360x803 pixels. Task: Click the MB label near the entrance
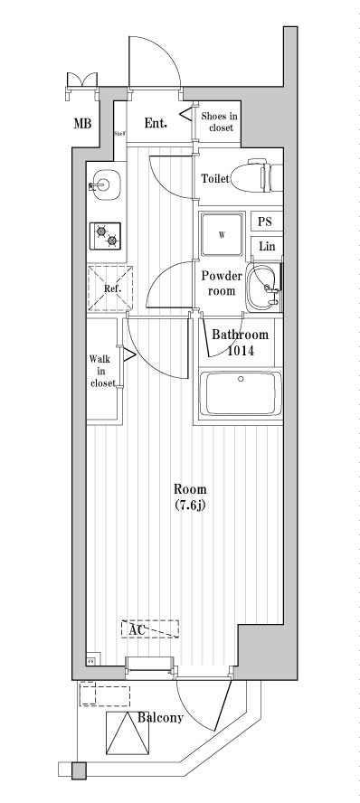pos(81,124)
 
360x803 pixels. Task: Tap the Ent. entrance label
pos(156,122)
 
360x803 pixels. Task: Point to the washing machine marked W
pos(221,236)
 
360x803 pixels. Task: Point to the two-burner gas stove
pos(106,236)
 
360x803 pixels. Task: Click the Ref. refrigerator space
pos(110,288)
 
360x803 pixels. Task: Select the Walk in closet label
pos(101,371)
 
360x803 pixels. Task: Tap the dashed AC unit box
pos(149,628)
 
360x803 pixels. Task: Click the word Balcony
pos(161,719)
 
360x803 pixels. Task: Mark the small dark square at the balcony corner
pos(79,771)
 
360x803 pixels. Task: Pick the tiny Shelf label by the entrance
pos(118,133)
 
